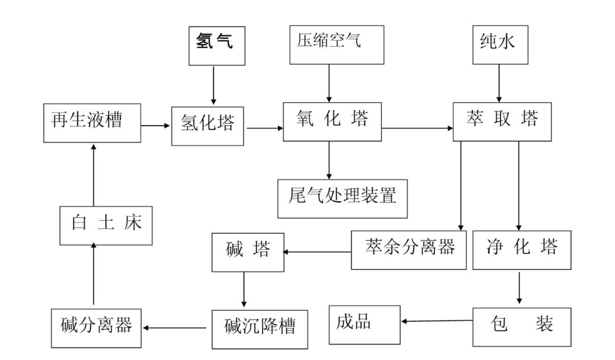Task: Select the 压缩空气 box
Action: click(x=336, y=44)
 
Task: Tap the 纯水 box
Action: click(x=500, y=44)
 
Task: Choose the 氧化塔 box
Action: click(x=332, y=122)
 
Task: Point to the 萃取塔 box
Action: click(x=502, y=122)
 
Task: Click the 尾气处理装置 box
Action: click(x=342, y=198)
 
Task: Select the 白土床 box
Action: click(x=106, y=225)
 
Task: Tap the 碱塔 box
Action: click(x=248, y=252)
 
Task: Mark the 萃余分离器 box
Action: click(x=408, y=250)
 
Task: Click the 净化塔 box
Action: click(x=522, y=250)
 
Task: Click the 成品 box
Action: click(x=364, y=325)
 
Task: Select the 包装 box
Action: click(x=522, y=327)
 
